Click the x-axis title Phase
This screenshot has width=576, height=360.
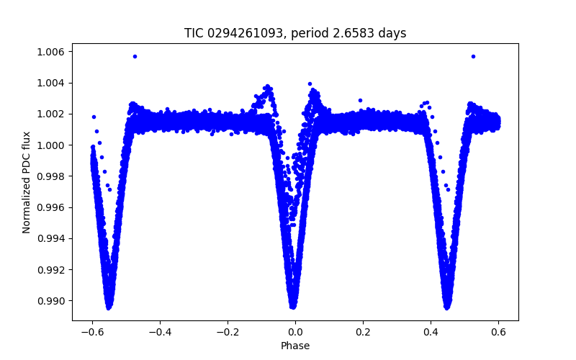pos(295,346)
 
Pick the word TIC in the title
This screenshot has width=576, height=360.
pos(194,33)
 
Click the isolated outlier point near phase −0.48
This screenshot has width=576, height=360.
pos(135,56)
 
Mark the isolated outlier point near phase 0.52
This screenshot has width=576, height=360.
pos(473,56)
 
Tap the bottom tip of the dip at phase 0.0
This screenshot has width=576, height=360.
pos(293,306)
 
